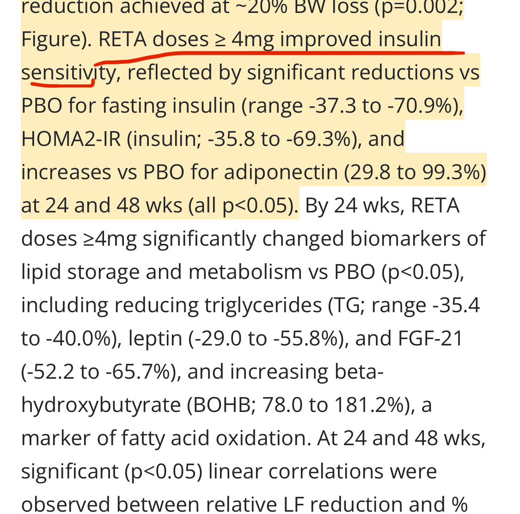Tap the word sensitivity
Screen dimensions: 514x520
coord(68,73)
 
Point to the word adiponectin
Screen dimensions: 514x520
coord(281,172)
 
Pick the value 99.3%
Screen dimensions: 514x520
coord(449,172)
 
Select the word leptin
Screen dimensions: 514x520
coord(155,339)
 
